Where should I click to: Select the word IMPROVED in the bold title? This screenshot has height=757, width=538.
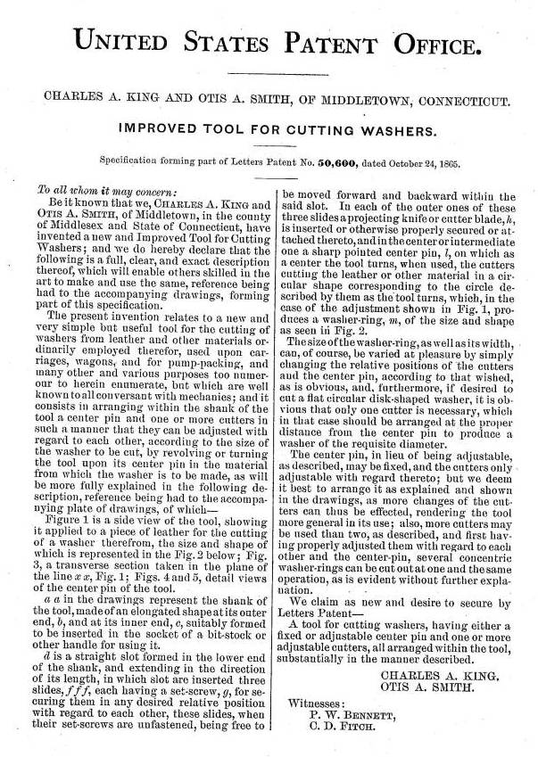[158, 130]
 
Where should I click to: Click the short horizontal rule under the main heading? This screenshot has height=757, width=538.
[269, 73]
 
